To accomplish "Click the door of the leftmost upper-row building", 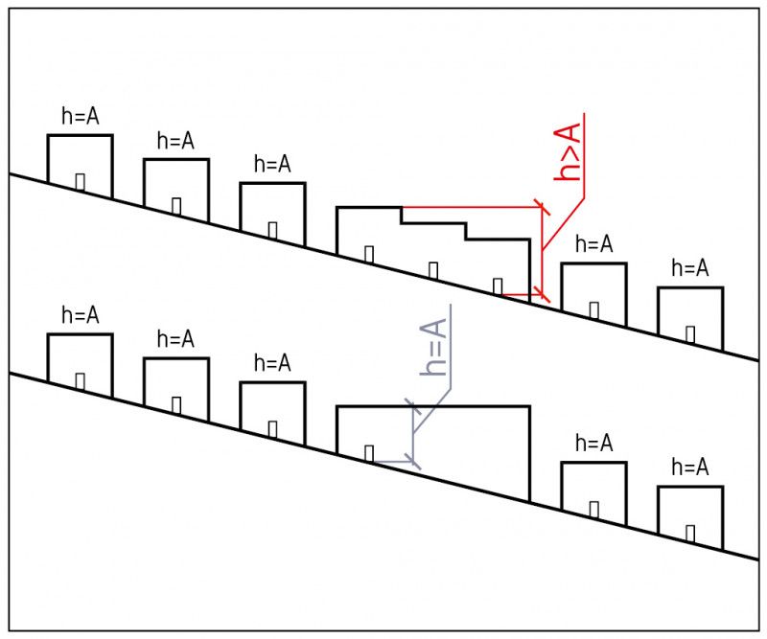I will pos(81,180).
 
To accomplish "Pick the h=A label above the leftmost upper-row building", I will pos(80,117).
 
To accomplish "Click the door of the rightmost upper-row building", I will pos(690,332).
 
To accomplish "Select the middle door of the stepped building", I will pos(433,269).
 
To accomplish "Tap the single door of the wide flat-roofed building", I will pos(369,452).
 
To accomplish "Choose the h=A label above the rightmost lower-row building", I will pos(690,468).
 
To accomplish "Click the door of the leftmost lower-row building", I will pos(81,379).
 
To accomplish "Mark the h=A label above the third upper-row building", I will pos(272,165).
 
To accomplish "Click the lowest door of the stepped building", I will pos(498,285).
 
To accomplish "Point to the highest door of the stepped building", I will pos(369,253).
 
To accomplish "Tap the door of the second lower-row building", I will pos(176,403).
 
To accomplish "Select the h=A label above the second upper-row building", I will pos(175,142).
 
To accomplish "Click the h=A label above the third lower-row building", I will pos(272,364).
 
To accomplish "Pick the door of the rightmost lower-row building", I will pos(690,531).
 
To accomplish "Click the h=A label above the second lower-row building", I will pos(175,340).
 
